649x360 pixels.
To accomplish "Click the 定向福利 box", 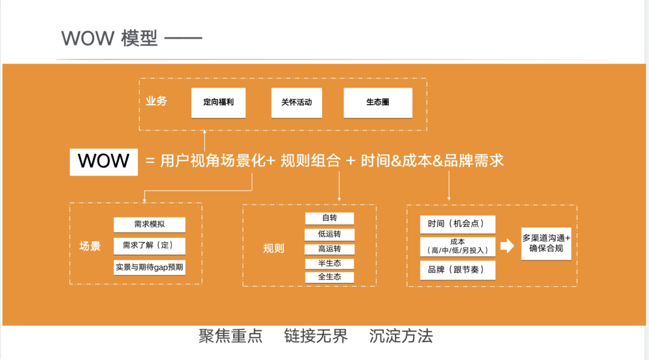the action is coord(219,103).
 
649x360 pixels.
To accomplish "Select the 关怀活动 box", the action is coord(296,103).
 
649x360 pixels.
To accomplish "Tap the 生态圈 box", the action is coord(378,103).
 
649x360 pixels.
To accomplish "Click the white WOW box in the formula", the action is coord(104,161).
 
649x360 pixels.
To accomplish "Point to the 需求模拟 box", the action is coord(150,225).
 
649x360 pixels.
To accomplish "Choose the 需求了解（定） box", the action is coord(150,246).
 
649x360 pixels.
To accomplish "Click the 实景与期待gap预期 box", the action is coord(150,266).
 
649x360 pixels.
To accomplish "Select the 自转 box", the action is coord(329,218).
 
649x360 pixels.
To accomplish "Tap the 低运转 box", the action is coord(329,234).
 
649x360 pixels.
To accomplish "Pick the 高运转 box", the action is coord(329,249).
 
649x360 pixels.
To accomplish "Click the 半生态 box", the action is coord(329,263).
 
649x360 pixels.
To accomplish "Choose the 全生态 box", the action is coord(329,277).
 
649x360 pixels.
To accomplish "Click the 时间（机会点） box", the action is coord(458,224).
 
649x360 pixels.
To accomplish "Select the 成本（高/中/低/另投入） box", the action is coord(458,246).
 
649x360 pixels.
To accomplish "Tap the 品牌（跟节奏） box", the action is coord(458,270).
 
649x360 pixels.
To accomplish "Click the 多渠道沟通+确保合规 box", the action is coord(546,243).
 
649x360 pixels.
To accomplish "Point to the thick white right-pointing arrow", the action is coord(507,246).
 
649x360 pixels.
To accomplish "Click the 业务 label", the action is coord(156,102).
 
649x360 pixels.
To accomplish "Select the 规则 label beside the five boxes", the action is coord(273,248).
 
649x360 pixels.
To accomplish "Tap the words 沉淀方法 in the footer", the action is coord(401,336).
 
